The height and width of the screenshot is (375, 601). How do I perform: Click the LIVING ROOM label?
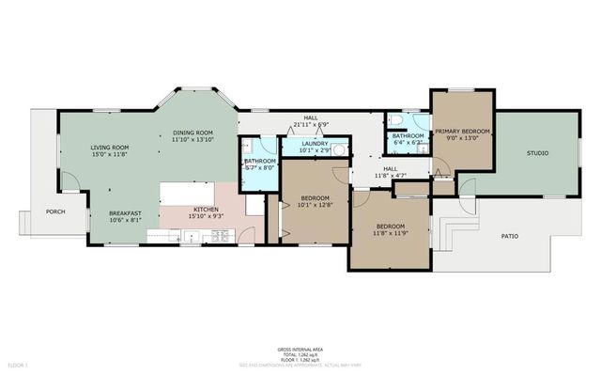coord(110,148)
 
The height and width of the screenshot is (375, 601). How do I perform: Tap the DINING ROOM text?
coord(193,133)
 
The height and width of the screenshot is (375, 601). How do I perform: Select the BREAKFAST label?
coord(125,213)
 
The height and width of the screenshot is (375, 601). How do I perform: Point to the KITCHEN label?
coord(207,209)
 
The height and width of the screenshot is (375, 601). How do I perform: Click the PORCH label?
coord(55,211)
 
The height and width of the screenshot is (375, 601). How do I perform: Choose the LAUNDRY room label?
coord(315,143)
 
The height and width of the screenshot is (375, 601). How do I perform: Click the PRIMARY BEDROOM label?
coord(461,131)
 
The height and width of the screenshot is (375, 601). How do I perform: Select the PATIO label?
coord(508,236)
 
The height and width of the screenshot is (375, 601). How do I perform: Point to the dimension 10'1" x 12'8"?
coord(315,204)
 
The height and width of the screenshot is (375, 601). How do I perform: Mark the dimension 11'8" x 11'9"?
coord(390,233)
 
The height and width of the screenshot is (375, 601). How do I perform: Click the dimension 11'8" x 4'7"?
coord(390,175)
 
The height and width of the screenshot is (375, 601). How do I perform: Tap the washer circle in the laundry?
coord(340,148)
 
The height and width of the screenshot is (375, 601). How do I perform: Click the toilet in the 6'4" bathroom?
coord(399,123)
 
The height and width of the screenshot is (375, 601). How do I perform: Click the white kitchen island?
coord(193,193)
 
